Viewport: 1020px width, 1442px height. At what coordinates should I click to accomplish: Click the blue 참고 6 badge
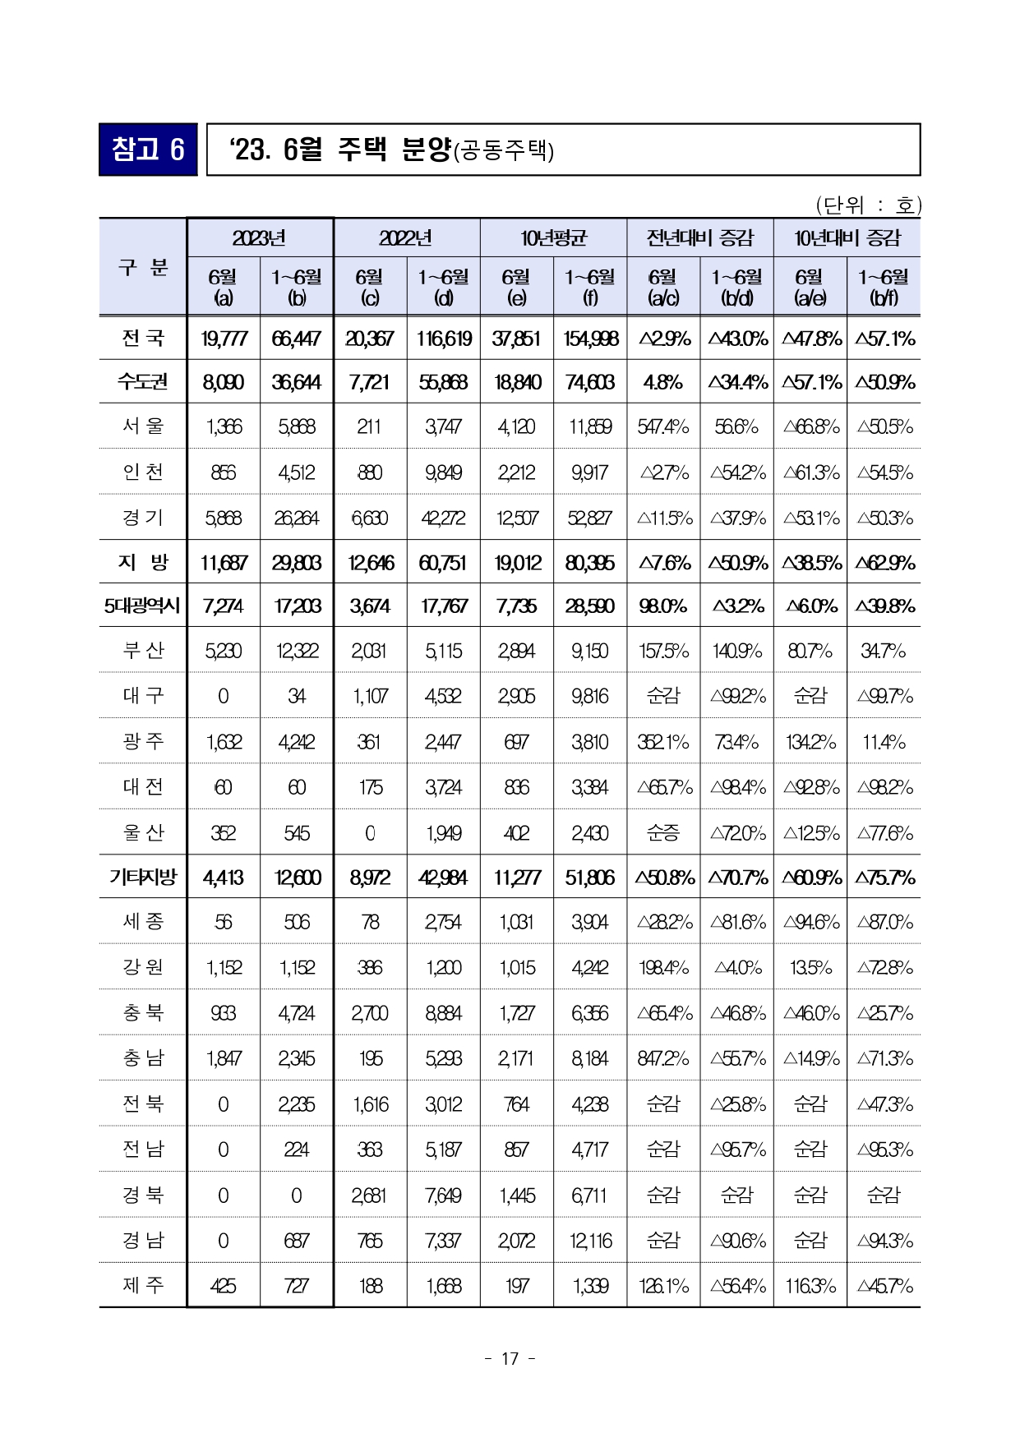coord(148,150)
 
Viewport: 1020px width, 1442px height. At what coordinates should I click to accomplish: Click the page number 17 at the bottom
coord(510,1358)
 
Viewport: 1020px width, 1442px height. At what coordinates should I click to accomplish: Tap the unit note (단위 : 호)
coord(868,205)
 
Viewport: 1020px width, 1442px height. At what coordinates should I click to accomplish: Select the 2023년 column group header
coord(259,238)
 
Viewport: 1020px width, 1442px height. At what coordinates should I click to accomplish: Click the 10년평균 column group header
coord(553,238)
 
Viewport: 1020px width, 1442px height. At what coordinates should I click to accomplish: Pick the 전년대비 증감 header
coord(699,238)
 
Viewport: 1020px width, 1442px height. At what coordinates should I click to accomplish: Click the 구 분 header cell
coord(143,267)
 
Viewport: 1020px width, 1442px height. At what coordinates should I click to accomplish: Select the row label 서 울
coord(143,426)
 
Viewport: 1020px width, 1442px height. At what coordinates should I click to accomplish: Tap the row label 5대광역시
coord(142,606)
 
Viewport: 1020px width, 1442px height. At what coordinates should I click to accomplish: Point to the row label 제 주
coord(143,1284)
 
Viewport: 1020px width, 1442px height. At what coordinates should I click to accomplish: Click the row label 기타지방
coord(143,877)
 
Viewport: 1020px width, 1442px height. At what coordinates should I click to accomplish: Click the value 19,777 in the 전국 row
coord(224,339)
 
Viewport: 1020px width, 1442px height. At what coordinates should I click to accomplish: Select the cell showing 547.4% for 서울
coord(663,426)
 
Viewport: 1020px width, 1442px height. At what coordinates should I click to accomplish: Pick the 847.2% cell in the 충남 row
coord(663,1058)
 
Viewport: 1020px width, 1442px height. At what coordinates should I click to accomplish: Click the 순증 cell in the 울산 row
coord(663,833)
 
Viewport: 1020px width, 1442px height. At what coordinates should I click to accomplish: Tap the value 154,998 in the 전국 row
coord(590,339)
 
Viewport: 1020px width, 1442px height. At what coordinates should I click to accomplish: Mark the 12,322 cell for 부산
coord(297,651)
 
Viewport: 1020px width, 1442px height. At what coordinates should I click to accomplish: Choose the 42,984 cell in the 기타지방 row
coord(443,878)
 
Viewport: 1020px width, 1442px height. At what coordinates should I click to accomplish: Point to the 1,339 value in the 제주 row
coord(590,1286)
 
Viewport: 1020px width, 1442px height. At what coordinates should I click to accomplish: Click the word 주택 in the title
coord(362,150)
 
